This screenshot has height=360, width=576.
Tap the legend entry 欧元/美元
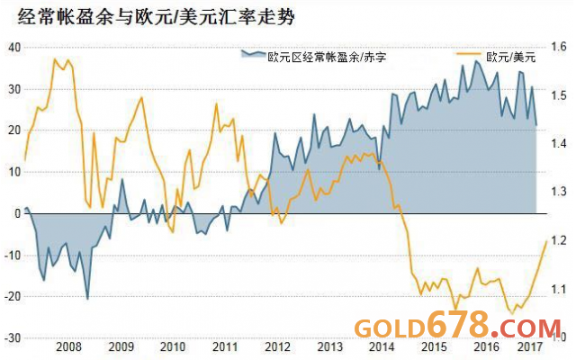click(x=509, y=56)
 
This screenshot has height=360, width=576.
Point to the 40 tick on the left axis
click(x=13, y=47)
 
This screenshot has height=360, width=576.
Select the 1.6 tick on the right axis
click(x=558, y=47)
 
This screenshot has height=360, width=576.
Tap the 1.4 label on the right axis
click(x=558, y=144)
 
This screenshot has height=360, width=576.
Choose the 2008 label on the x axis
click(x=68, y=347)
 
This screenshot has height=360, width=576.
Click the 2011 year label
click(x=225, y=347)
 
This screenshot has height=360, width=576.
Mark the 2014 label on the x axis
click(x=382, y=347)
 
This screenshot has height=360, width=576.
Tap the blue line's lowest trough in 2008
click(x=87, y=299)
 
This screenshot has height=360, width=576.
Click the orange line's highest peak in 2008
click(x=56, y=59)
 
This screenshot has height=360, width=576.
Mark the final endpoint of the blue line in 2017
click(x=536, y=125)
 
